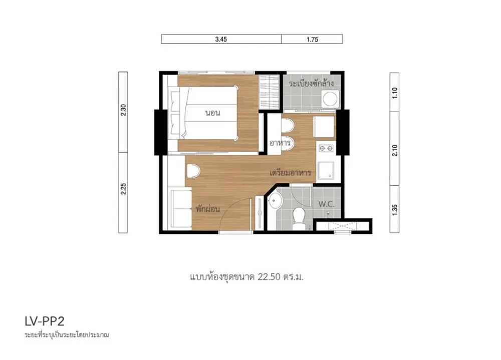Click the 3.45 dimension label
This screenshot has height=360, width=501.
(x=221, y=39)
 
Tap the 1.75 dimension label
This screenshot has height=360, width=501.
(x=312, y=40)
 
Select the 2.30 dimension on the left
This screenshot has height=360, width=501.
(x=123, y=110)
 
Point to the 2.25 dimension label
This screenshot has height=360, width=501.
(x=123, y=189)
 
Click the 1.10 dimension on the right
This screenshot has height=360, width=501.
(x=395, y=93)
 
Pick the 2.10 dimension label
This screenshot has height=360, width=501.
(x=395, y=150)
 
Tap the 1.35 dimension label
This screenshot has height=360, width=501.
(x=395, y=210)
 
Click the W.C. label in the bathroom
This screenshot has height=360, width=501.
(x=326, y=204)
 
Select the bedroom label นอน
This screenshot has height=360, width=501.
(x=213, y=113)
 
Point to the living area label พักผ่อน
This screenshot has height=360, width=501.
(x=208, y=209)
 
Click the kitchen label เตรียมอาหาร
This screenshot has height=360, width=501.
(x=290, y=173)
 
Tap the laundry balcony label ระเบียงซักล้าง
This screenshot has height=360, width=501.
(x=311, y=84)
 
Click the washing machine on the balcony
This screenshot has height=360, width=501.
(x=331, y=99)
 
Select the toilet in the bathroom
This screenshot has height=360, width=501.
(x=299, y=218)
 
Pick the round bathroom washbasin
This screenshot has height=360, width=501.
(x=275, y=201)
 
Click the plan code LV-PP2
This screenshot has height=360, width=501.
(x=45, y=321)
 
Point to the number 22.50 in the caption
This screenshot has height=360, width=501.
(x=269, y=276)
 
